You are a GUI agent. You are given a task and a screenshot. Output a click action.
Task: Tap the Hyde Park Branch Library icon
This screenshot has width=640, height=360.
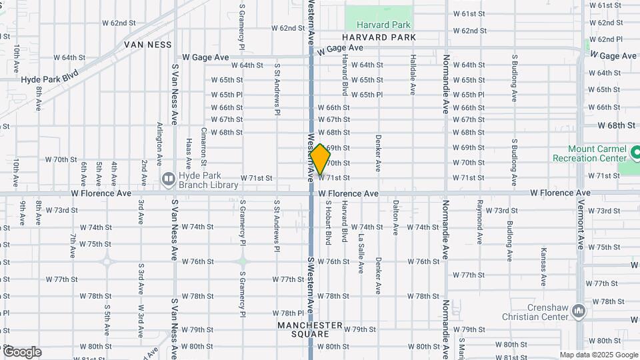pyautogui.click(x=167, y=179)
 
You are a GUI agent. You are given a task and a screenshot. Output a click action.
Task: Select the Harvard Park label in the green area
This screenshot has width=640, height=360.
pyautogui.click(x=379, y=25)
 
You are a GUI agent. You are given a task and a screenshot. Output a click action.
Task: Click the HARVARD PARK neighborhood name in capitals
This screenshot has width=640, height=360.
pyautogui.click(x=379, y=38)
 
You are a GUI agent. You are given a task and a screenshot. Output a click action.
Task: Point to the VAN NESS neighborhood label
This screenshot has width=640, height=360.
pyautogui.click(x=148, y=45)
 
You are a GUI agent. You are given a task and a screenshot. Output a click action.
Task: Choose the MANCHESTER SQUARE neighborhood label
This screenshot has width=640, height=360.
pyautogui.click(x=311, y=329)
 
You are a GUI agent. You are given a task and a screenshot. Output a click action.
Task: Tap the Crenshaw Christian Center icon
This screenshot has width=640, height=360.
pyautogui.click(x=579, y=311)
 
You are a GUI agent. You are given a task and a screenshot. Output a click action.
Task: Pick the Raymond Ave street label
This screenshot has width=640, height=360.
pyautogui.click(x=479, y=221)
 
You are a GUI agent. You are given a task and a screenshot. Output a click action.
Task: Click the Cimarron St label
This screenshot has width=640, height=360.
pyautogui.click(x=204, y=147)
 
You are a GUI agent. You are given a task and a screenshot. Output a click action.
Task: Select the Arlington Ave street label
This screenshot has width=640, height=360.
pyautogui.click(x=159, y=144)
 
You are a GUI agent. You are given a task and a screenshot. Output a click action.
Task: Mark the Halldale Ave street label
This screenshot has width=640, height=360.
pyautogui.click(x=413, y=75)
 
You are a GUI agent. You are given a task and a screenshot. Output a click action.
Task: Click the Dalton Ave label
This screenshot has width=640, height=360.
pyautogui.click(x=395, y=218)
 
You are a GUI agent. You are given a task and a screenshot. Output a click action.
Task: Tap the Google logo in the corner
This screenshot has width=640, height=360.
pyautogui.click(x=21, y=352)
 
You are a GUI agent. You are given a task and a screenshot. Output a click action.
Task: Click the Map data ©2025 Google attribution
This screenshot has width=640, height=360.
pyautogui.click(x=599, y=355)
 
